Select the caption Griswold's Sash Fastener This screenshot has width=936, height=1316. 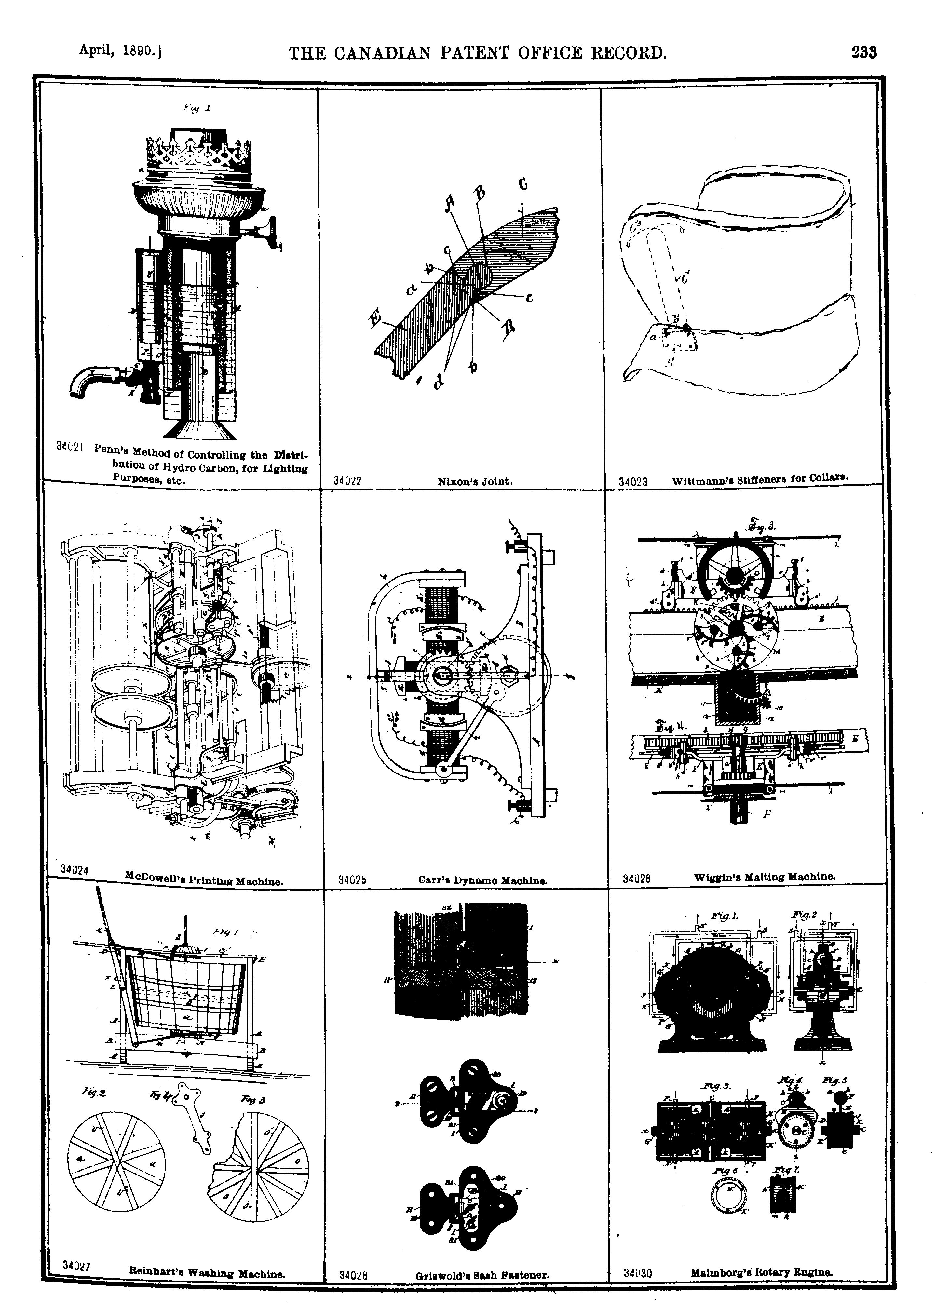pyautogui.click(x=482, y=1275)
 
